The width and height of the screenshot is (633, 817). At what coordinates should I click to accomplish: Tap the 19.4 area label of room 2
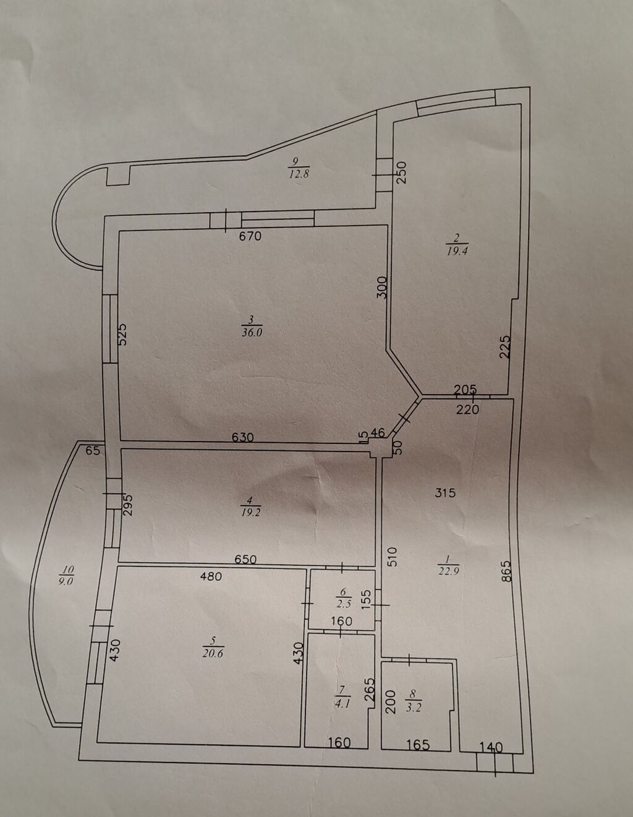tap(457, 252)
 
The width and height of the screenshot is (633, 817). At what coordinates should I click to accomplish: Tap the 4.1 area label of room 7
tap(342, 704)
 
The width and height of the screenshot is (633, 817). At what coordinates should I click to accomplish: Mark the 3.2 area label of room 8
tap(414, 708)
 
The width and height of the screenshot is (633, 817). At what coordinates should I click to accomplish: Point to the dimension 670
tap(250, 236)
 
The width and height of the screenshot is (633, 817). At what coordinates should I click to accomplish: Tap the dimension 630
tap(243, 437)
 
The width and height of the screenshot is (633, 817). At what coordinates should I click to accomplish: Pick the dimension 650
tap(245, 560)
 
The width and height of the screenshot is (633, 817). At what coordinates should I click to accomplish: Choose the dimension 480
tap(211, 576)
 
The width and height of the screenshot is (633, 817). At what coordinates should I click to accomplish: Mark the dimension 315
tap(445, 492)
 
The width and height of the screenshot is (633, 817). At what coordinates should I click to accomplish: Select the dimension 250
tap(402, 172)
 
